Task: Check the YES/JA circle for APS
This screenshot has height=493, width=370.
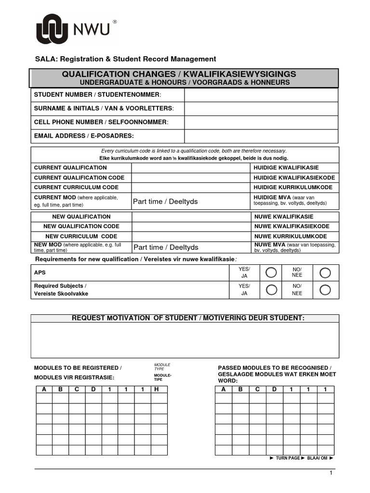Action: [x=271, y=273]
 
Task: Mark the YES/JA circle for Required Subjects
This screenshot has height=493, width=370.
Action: [x=271, y=289]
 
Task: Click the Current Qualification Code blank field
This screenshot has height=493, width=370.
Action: [x=191, y=178]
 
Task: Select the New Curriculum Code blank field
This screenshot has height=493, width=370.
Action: [x=191, y=236]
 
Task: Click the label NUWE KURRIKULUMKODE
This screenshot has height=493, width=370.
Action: [x=291, y=236]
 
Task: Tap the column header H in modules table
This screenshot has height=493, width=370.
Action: [x=157, y=389]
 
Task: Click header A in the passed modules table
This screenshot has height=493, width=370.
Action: [x=223, y=389]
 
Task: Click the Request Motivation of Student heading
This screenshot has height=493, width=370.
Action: [x=188, y=318]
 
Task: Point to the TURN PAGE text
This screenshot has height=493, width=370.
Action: [x=288, y=458]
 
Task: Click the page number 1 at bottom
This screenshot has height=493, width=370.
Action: [x=331, y=474]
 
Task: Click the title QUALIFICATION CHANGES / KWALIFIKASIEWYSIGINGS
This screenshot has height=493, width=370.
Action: [x=179, y=74]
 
